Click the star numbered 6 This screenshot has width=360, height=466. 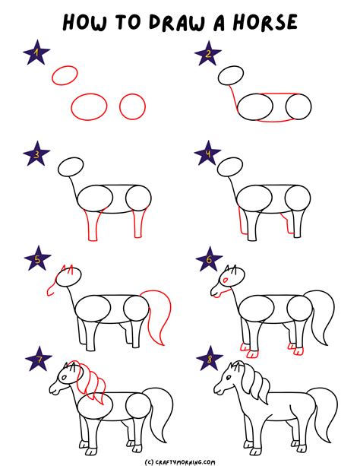(x=207, y=258)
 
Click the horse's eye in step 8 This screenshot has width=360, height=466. (x=229, y=378)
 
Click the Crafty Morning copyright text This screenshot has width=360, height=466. (x=179, y=459)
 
